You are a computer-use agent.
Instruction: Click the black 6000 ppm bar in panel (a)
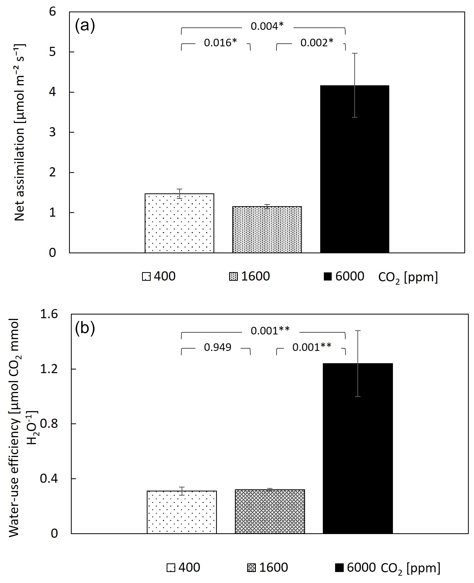[354, 177]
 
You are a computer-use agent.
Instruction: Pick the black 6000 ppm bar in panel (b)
[358, 464]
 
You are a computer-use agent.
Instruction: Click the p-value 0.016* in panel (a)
[220, 43]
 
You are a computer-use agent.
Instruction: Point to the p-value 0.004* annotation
[267, 26]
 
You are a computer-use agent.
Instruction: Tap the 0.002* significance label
[317, 43]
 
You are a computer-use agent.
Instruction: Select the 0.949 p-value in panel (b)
[218, 347]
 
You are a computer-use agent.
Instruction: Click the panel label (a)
[85, 26]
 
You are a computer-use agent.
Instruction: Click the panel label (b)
[85, 328]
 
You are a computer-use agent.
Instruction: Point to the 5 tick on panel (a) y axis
[52, 52]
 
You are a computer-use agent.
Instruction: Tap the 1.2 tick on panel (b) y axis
[49, 369]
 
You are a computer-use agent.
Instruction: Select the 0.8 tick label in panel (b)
[49, 424]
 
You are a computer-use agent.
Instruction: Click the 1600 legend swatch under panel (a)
[233, 277]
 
